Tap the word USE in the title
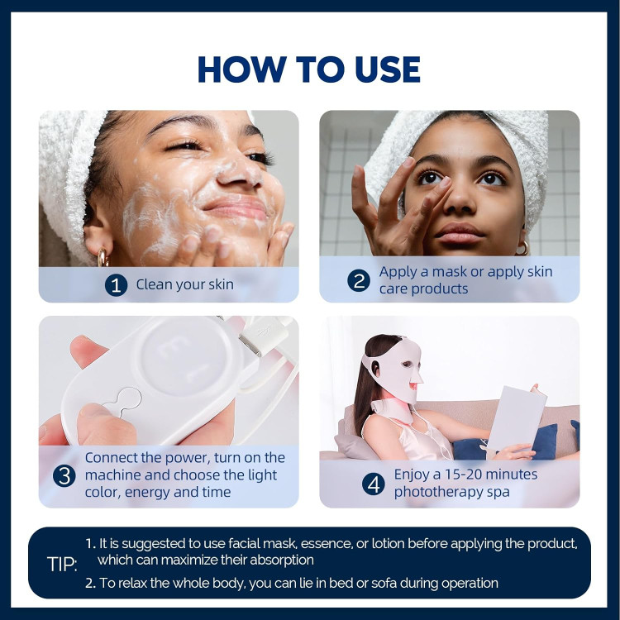click(x=388, y=69)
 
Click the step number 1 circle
click(x=116, y=285)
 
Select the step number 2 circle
click(x=359, y=281)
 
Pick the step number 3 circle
click(x=64, y=475)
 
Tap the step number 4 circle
click(x=374, y=484)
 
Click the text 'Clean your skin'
click(x=184, y=284)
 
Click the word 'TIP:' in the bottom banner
click(x=62, y=565)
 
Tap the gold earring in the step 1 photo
click(x=103, y=257)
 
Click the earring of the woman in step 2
click(x=522, y=248)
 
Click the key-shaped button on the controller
click(x=125, y=401)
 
